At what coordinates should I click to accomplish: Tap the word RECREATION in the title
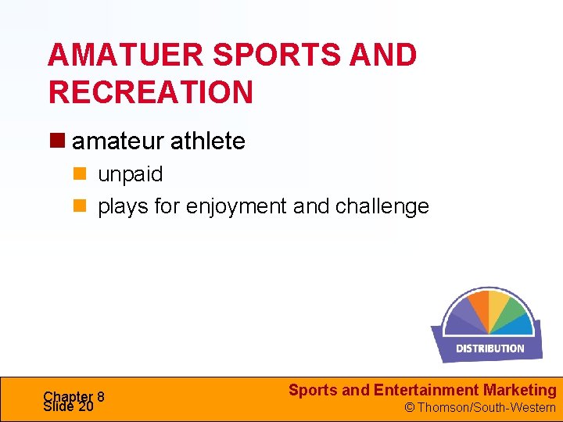click(151, 92)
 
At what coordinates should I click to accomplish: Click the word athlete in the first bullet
click(207, 141)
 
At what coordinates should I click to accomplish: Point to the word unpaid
click(130, 173)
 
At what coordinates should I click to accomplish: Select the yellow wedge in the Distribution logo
click(498, 305)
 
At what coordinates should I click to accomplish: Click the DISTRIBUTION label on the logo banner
click(489, 349)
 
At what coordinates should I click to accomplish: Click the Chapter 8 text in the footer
click(74, 396)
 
